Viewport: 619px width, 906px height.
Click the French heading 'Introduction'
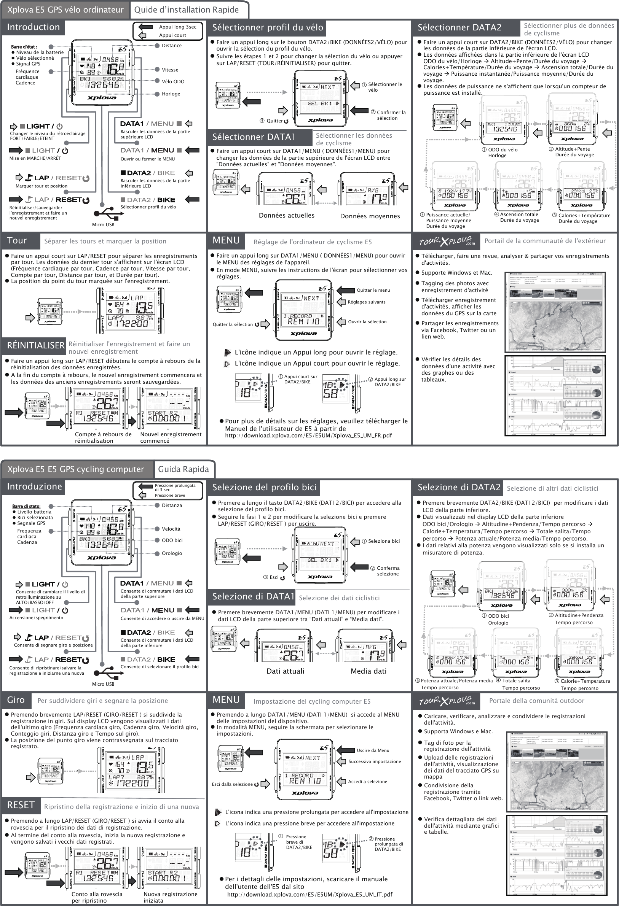33,27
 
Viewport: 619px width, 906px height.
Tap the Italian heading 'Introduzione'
34,486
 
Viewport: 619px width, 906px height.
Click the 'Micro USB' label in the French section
103,224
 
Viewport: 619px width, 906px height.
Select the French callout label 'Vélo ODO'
173,81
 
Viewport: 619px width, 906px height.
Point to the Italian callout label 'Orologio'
172,553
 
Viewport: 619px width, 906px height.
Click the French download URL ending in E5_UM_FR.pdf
308,436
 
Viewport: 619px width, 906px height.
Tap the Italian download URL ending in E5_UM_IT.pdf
309,894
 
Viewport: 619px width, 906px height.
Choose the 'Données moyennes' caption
370,216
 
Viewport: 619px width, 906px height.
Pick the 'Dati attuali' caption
285,671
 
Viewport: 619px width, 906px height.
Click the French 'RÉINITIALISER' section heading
35,345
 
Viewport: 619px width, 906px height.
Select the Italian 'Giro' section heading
16,700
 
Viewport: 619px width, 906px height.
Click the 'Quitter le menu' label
373,290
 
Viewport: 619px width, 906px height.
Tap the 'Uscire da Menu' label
373,750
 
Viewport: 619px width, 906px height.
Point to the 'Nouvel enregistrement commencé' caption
171,437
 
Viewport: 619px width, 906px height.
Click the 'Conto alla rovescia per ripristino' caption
97,897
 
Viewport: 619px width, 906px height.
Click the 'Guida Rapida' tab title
183,469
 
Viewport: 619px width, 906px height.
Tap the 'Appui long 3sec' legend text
177,27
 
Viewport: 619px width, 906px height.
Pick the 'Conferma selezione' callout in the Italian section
388,571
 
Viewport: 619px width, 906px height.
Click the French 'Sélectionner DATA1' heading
254,137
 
